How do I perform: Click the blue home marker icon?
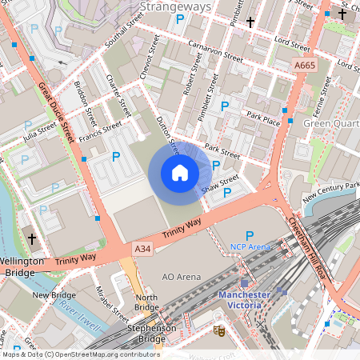[x=180, y=173]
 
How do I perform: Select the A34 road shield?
[x=142, y=250]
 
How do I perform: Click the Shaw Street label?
[x=221, y=184]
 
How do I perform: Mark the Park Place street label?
[x=263, y=118]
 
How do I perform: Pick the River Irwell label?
[x=78, y=308]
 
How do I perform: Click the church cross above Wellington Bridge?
[x=33, y=238]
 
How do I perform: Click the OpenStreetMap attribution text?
[x=80, y=354]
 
